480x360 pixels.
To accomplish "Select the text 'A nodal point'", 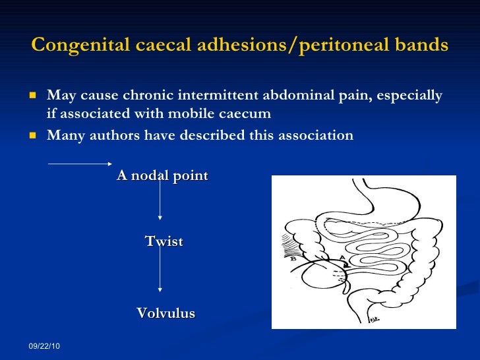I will coord(162,175).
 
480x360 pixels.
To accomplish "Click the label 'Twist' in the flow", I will coord(164,241).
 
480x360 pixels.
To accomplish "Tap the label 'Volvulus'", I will coord(165,313).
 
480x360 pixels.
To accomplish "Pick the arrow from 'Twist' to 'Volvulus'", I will coord(160,273).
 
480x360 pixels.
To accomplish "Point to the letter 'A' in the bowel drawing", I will coord(342,256).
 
